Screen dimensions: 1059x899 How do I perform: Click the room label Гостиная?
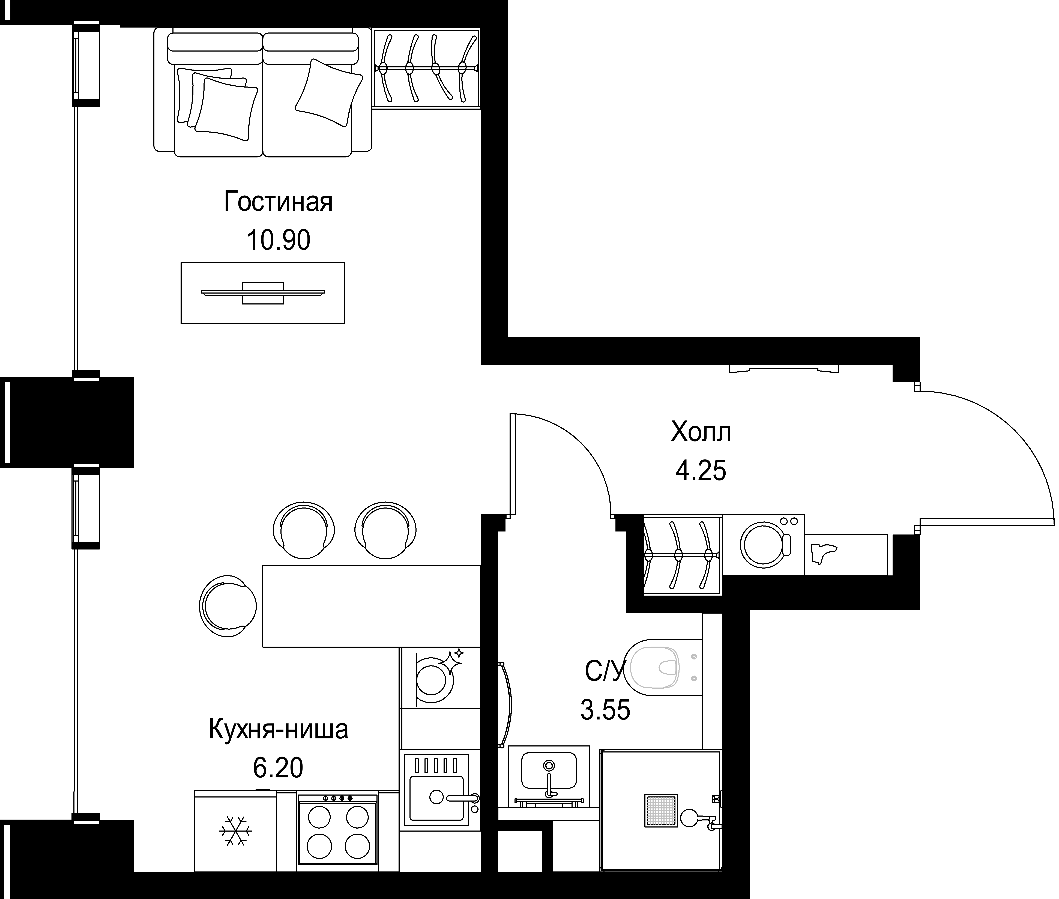[x=278, y=202]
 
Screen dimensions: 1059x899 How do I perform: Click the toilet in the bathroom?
[x=663, y=668]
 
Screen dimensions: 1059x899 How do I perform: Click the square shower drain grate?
[x=661, y=810]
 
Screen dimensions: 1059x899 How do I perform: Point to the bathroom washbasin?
[x=549, y=776]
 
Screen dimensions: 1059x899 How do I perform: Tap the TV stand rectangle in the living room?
[x=262, y=293]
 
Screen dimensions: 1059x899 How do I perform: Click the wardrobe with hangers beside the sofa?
[x=426, y=68]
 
